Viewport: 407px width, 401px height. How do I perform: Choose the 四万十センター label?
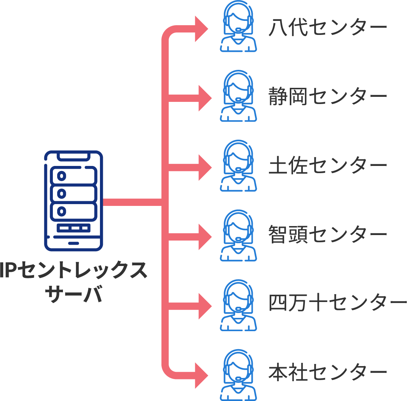point(338,303)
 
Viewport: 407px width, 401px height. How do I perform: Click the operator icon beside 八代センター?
point(238,27)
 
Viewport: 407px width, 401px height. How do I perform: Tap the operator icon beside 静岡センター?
point(238,96)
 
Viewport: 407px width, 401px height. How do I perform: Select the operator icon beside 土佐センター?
point(238,166)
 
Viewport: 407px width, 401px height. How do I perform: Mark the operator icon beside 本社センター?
point(238,375)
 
